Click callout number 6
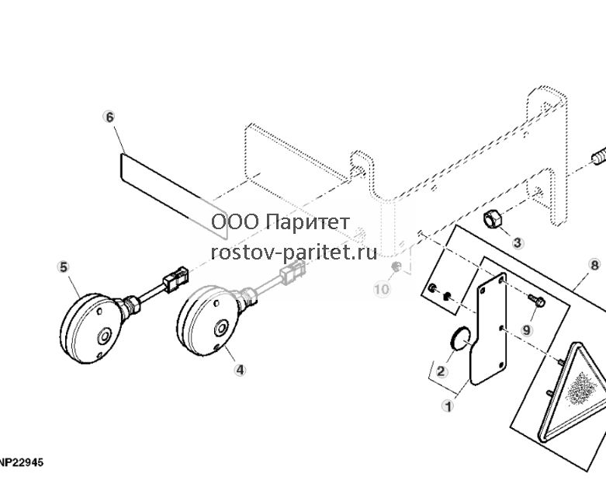coord(109,117)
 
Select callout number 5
coord(63,267)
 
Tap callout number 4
coord(240,370)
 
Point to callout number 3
coord(518,243)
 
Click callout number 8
coord(594,265)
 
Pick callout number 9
coord(526,330)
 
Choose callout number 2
coord(440,372)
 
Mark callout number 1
coord(448,406)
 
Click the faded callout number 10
coord(382,289)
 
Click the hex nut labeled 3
coord(493,220)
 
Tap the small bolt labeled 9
coord(536,300)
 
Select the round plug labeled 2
coord(461,339)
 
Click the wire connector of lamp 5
coord(175,277)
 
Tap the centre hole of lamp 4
coord(221,328)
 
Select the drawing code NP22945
coord(22,462)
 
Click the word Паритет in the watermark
coord(308,222)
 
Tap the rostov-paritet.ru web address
coord(294,252)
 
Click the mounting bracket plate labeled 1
coord(487,329)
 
